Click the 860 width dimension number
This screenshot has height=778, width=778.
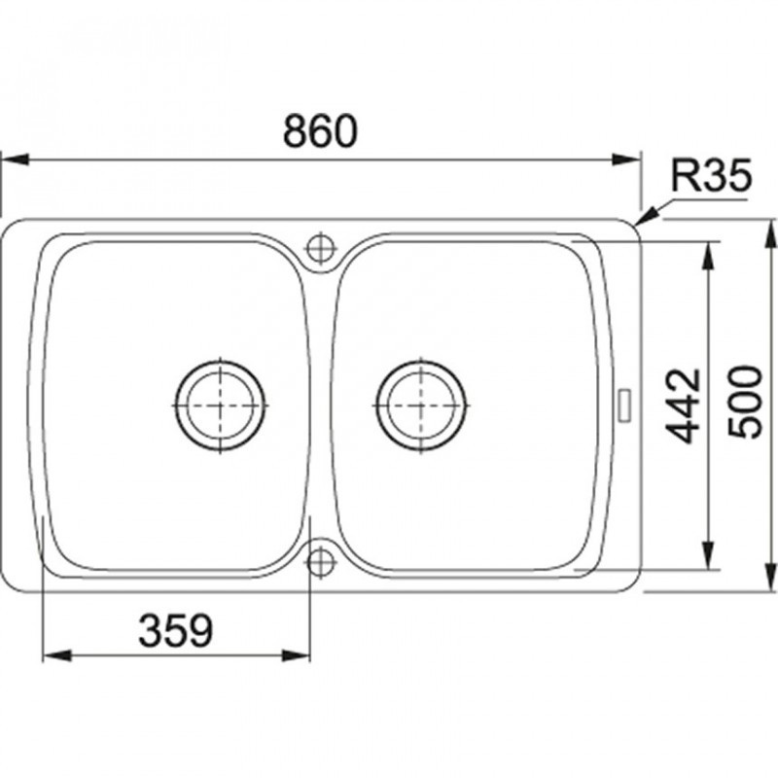click(x=320, y=131)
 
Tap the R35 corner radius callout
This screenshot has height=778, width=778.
click(x=711, y=176)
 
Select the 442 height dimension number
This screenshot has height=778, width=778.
click(x=683, y=405)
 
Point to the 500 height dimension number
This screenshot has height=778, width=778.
click(x=744, y=403)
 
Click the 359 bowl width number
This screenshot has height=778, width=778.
click(x=176, y=630)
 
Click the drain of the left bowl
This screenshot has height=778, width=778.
click(x=220, y=406)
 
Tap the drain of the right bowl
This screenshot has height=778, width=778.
click(x=421, y=406)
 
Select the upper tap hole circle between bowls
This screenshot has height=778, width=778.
click(x=321, y=247)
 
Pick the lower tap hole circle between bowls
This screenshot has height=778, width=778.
click(x=321, y=561)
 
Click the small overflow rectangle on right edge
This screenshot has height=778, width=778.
click(x=624, y=406)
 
